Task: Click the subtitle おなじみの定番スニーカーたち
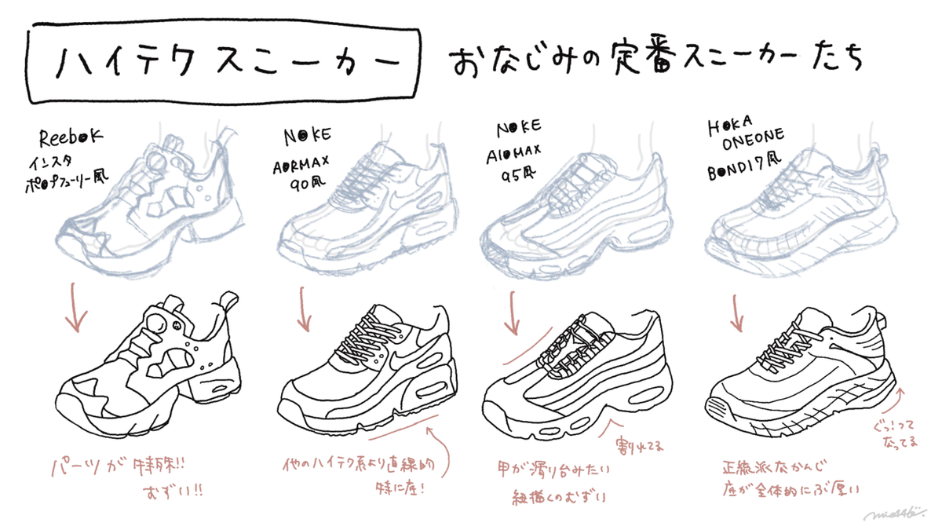point(655,61)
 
